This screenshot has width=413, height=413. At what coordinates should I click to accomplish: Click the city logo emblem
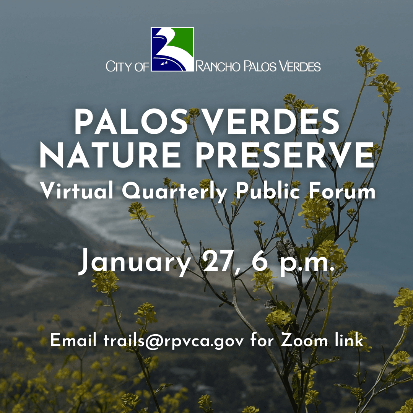[x=172, y=49]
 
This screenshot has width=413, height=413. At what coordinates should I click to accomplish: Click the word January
[x=134, y=263]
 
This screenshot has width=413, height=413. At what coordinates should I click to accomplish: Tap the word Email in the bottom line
[x=73, y=340]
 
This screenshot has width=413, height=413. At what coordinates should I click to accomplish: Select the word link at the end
[x=348, y=340]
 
